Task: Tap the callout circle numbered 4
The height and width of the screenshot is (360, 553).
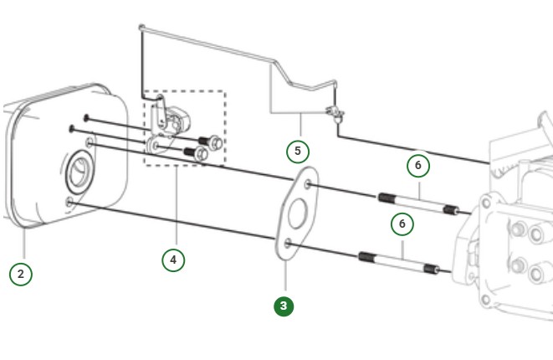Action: point(173,260)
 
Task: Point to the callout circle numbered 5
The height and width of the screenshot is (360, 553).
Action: point(297,152)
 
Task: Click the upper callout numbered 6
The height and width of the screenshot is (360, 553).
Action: point(418,165)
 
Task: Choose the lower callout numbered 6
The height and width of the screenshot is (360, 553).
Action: point(402,224)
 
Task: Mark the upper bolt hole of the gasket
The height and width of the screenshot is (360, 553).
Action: point(310,184)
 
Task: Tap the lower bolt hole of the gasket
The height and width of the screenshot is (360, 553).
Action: point(288,244)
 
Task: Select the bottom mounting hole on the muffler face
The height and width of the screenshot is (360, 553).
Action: point(69,202)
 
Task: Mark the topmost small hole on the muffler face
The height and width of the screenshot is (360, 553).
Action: point(86,117)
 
